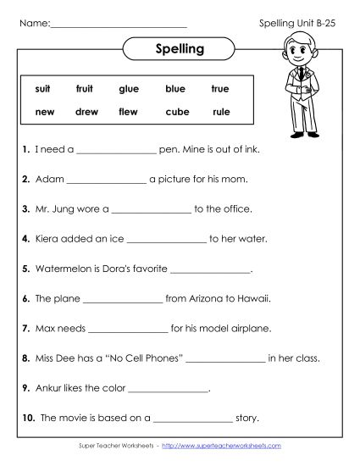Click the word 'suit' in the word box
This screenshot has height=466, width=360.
point(43,88)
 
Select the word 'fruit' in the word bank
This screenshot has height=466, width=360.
point(84,88)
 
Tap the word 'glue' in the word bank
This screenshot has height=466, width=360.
point(129,88)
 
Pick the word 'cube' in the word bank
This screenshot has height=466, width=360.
point(177,112)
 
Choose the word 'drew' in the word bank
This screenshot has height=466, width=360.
point(86,112)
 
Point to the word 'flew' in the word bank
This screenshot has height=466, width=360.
point(129,112)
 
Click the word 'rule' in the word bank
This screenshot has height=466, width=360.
point(221,112)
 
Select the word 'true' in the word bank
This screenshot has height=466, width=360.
point(220,88)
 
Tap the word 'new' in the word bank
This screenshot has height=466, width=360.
point(45,112)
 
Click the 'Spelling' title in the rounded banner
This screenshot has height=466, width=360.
point(180,49)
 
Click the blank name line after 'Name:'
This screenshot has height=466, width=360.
point(119,25)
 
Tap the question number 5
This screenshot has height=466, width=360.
point(27,269)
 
